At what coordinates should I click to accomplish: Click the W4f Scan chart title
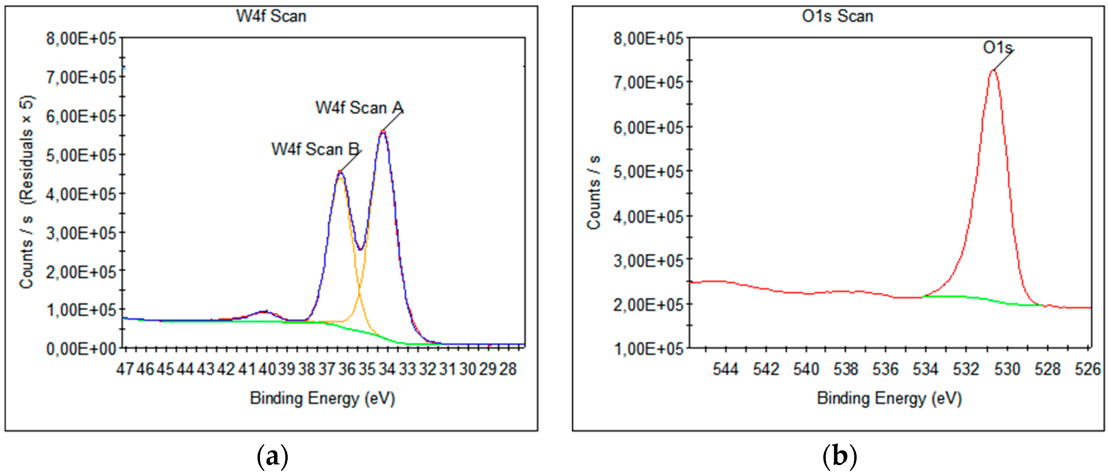(x=271, y=16)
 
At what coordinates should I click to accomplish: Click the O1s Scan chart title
(x=837, y=16)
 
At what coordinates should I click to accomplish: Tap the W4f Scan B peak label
(x=315, y=149)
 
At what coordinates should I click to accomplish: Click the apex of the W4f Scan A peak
(x=383, y=131)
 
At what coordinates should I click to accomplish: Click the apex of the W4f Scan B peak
(x=340, y=172)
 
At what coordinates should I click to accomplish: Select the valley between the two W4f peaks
(x=360, y=249)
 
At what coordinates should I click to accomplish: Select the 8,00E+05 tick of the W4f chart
(x=81, y=39)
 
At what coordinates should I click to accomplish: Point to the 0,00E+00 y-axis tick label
(x=81, y=348)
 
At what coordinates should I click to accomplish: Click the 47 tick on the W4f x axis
(x=125, y=369)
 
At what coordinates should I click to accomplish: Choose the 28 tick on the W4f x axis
(x=508, y=369)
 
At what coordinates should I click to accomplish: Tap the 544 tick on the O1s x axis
(x=725, y=369)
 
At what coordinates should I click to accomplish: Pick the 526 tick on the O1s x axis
(x=1087, y=369)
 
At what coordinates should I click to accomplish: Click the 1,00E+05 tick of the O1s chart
(x=648, y=348)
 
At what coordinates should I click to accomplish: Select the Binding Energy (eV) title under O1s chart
(x=889, y=398)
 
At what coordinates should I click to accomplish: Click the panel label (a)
(x=272, y=457)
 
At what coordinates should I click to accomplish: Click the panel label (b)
(x=839, y=457)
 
